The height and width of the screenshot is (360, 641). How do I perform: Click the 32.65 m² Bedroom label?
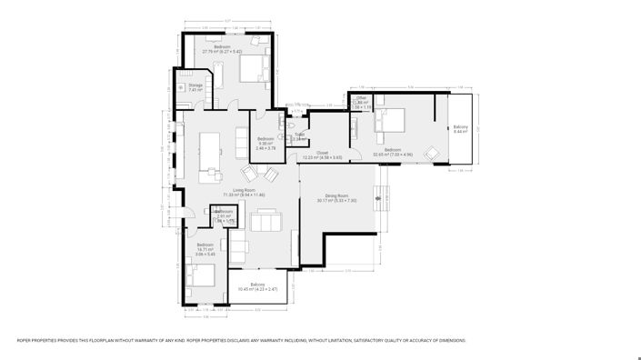coord(393,152)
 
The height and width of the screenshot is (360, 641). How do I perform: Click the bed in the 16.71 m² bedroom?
coord(201,275)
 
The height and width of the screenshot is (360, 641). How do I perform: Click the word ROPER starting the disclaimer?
coord(25,340)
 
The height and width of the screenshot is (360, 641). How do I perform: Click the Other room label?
coord(361,98)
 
